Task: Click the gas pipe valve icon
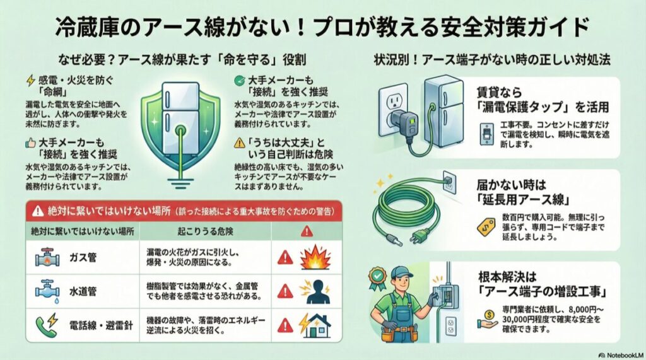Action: tap(46, 257)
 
